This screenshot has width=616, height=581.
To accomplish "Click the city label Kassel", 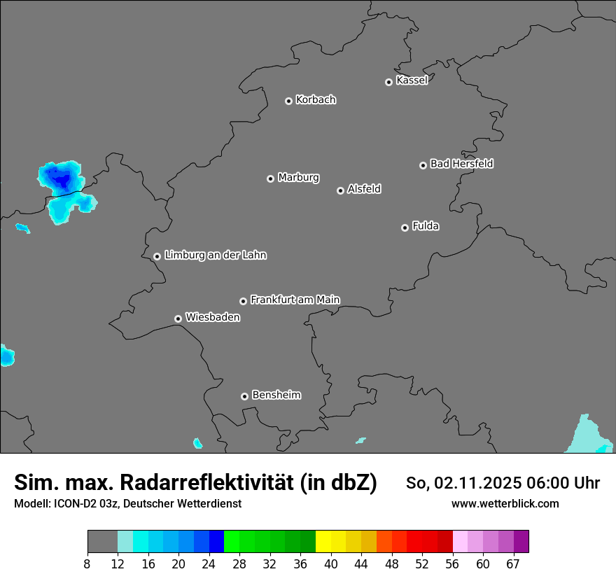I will (x=412, y=80).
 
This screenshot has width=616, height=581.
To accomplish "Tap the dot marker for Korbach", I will (x=288, y=101).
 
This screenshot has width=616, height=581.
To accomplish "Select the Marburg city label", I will (x=298, y=178).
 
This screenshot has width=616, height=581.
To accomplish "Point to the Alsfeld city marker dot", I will (x=340, y=190).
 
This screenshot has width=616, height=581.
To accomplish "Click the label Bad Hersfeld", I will (x=461, y=164).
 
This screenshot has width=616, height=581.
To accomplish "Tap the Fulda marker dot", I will (x=405, y=227).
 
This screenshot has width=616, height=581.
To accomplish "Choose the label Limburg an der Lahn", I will (x=215, y=255).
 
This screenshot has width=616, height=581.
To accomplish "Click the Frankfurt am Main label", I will (x=295, y=300).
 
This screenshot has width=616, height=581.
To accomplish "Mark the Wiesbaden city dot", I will (x=178, y=318).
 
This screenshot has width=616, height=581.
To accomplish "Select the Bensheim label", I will (x=276, y=395).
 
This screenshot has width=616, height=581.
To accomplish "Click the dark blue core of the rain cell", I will (x=62, y=181).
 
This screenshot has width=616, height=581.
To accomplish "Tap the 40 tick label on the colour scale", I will (x=331, y=564).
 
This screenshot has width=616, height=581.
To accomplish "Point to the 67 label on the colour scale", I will (x=513, y=564).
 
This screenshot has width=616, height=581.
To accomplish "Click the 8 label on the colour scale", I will (x=87, y=564).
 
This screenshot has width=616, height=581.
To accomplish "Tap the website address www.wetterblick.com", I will (x=505, y=504).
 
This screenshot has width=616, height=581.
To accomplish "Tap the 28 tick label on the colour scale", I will (x=239, y=564).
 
